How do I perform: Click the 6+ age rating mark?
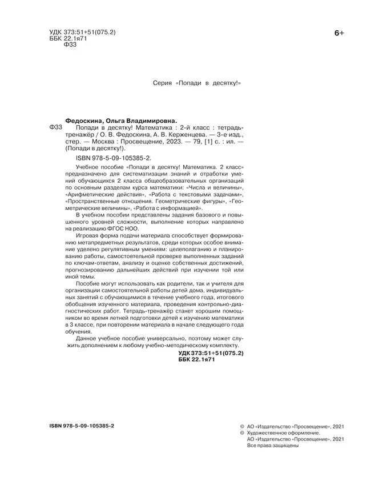[338, 34]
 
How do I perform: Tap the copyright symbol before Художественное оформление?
[243, 433]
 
